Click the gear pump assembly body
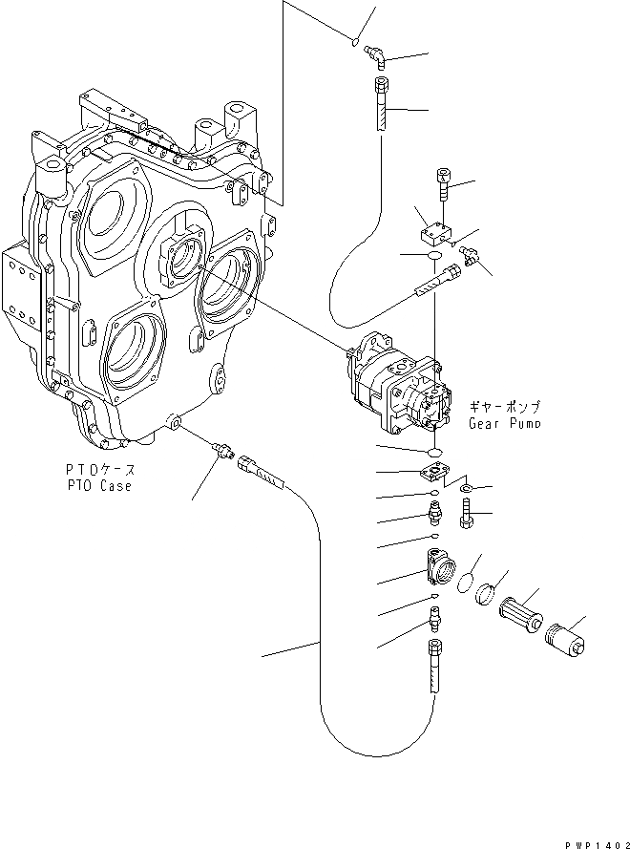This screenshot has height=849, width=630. (396, 383)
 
